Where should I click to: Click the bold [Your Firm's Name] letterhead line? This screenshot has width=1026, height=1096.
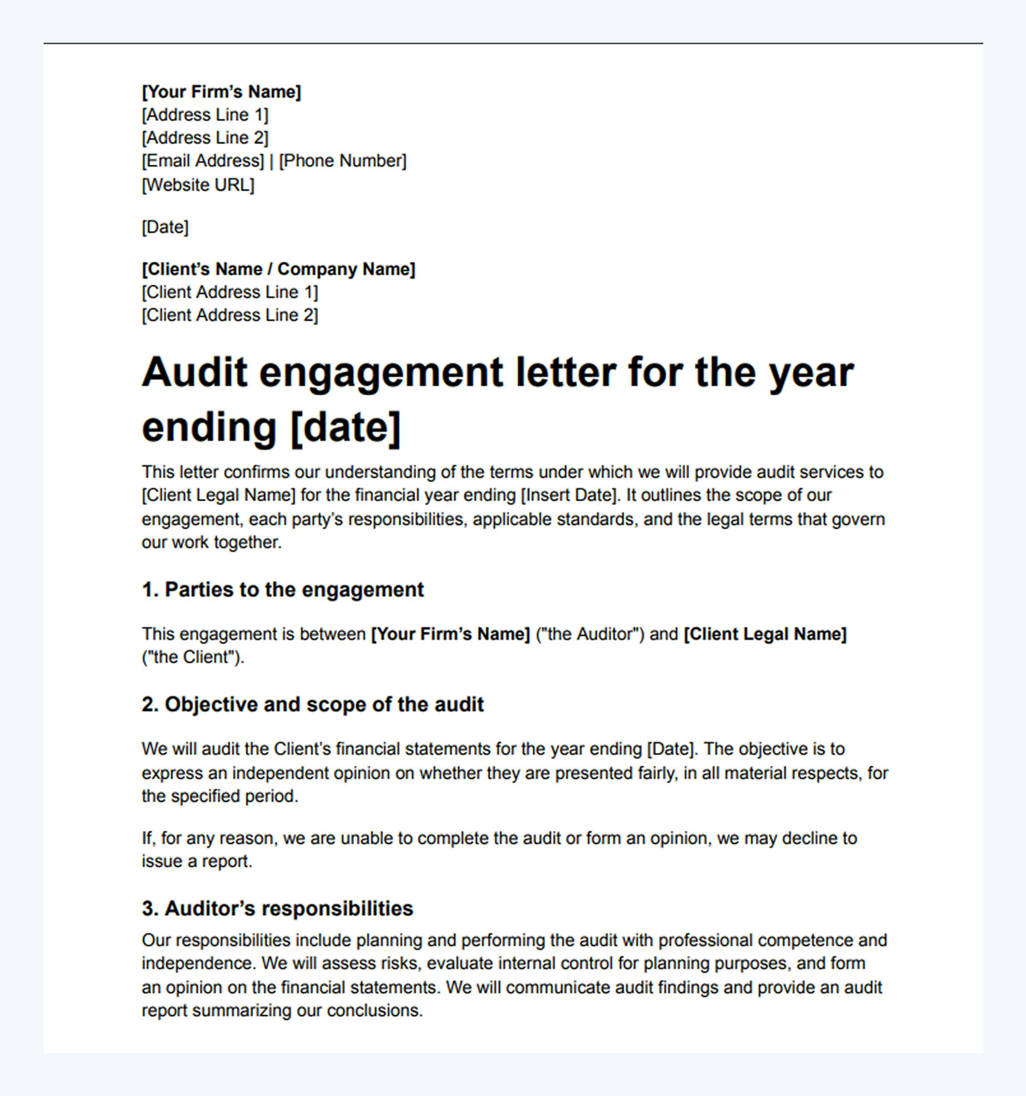[221, 92]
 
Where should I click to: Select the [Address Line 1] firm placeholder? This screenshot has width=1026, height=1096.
[205, 115]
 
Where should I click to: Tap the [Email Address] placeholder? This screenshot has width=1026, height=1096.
[203, 161]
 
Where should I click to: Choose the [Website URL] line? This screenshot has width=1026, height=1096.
[198, 185]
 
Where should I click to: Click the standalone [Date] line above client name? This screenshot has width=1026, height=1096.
[165, 227]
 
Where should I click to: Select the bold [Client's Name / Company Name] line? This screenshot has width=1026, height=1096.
[278, 269]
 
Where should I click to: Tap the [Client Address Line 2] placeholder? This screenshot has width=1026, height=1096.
[230, 315]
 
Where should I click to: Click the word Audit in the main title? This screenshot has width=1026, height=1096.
[195, 372]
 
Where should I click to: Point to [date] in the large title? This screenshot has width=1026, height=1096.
[345, 427]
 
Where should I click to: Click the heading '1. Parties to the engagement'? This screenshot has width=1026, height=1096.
[283, 589]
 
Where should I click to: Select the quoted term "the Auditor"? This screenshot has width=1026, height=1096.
[590, 634]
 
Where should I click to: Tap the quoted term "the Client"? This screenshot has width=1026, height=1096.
[192, 657]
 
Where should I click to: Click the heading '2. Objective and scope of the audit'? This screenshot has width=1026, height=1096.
[313, 704]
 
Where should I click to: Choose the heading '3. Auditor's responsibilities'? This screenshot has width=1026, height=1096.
[277, 908]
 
